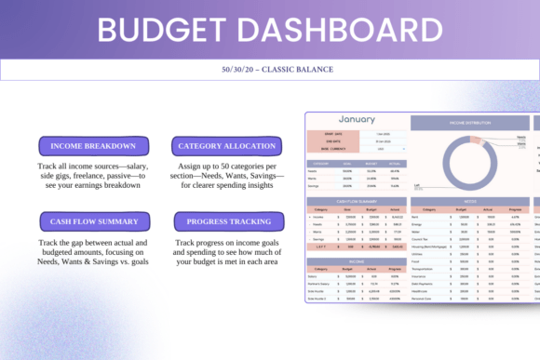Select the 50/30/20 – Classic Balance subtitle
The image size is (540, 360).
(x=270, y=70)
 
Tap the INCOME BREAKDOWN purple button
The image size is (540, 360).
(x=93, y=146)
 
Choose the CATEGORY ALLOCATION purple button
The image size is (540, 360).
(x=227, y=146)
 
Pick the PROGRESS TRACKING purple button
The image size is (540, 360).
(x=228, y=221)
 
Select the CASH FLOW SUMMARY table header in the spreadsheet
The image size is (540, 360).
(x=357, y=200)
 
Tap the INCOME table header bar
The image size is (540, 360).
(x=357, y=262)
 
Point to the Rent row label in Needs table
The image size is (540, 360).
(x=416, y=218)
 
